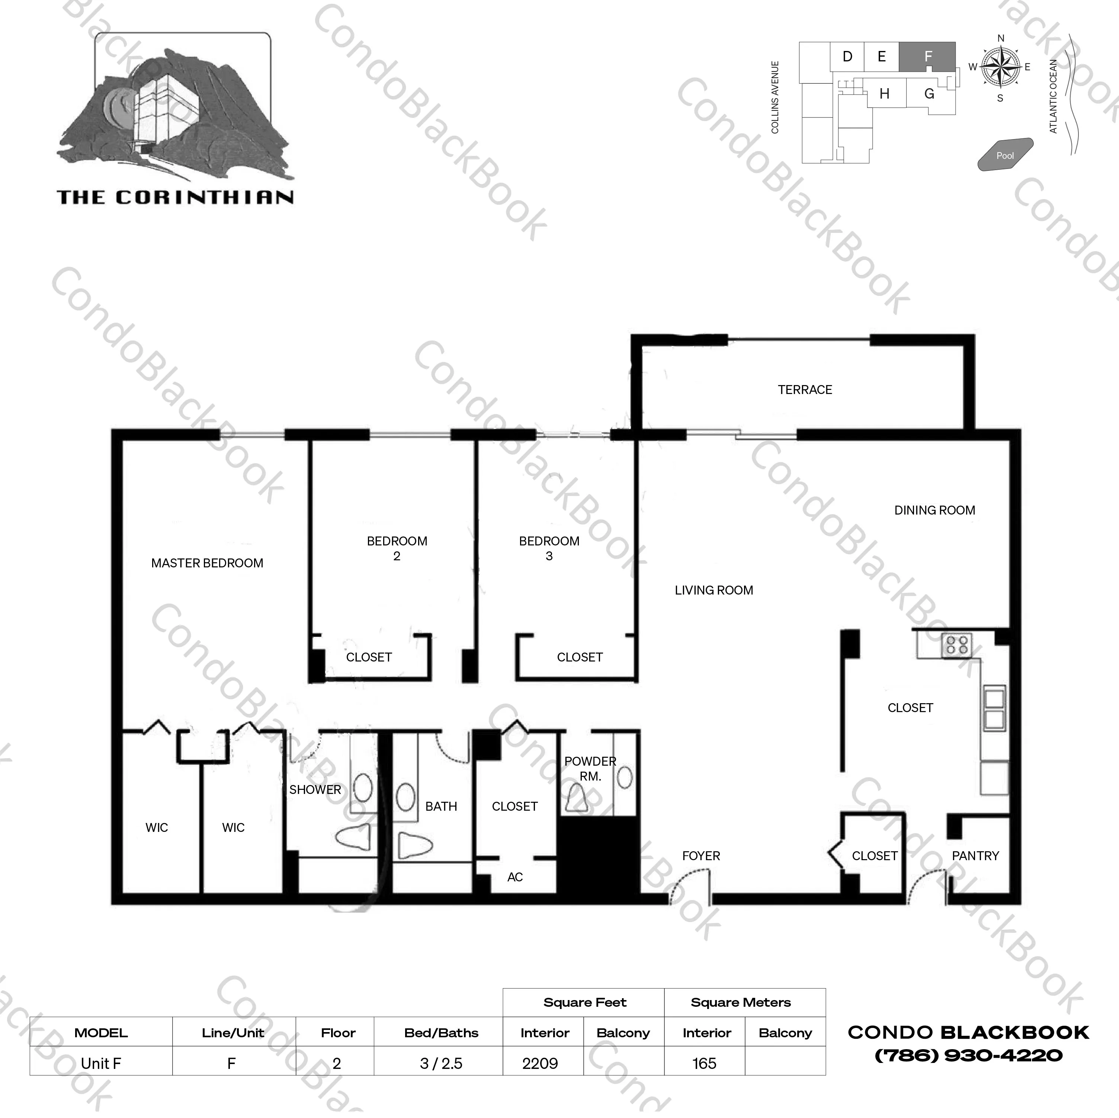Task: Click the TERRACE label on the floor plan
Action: click(805, 390)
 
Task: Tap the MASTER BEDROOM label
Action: click(207, 563)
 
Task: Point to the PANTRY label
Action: click(975, 856)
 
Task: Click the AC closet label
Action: click(515, 877)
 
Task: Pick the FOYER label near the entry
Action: click(701, 856)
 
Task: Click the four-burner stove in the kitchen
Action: click(956, 645)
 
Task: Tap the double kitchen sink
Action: click(994, 708)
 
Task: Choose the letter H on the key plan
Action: click(884, 94)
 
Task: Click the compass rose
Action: click(1001, 68)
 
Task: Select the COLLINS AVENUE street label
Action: click(775, 97)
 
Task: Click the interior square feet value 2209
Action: click(540, 1064)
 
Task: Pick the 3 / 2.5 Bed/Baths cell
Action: click(441, 1064)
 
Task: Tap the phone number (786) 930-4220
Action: click(968, 1055)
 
